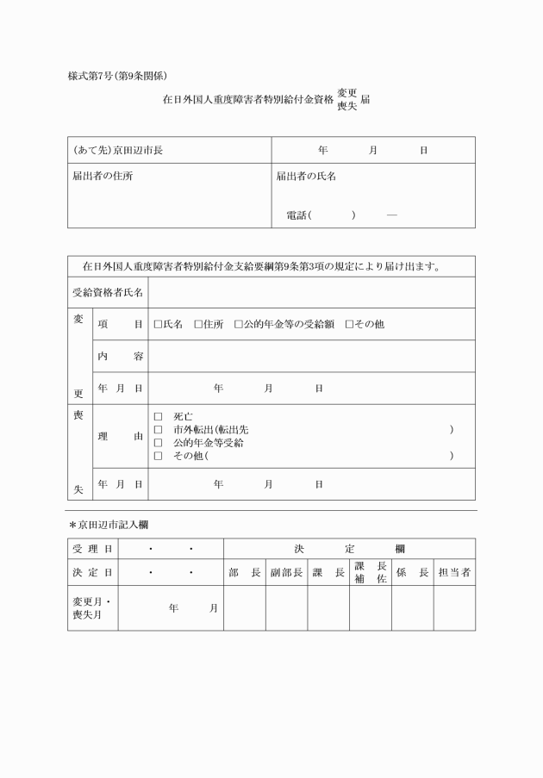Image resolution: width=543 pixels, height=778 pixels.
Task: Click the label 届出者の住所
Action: (x=103, y=176)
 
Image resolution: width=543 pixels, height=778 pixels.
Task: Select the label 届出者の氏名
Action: (x=306, y=176)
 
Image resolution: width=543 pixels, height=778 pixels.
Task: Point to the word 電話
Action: (x=296, y=215)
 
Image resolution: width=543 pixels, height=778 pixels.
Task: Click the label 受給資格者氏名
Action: (x=108, y=293)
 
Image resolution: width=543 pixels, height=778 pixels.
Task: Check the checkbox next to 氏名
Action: (x=158, y=325)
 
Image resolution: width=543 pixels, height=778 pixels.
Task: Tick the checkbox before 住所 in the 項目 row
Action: (x=198, y=325)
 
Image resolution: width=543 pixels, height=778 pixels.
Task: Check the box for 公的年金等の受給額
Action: (x=239, y=325)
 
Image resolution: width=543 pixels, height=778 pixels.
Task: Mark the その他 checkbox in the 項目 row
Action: (x=349, y=325)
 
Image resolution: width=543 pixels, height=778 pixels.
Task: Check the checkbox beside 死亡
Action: (x=158, y=416)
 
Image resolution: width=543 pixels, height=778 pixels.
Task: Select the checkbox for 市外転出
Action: (x=158, y=429)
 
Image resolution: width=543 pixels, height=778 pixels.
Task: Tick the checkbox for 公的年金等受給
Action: (x=158, y=442)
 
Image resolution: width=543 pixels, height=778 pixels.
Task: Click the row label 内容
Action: (x=121, y=357)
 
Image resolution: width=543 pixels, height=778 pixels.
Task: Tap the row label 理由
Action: (x=121, y=436)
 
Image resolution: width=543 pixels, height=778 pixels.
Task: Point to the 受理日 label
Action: (x=92, y=549)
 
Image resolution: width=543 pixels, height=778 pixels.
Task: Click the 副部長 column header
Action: (x=286, y=572)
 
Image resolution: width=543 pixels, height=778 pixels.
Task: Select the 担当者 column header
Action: (x=454, y=572)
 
